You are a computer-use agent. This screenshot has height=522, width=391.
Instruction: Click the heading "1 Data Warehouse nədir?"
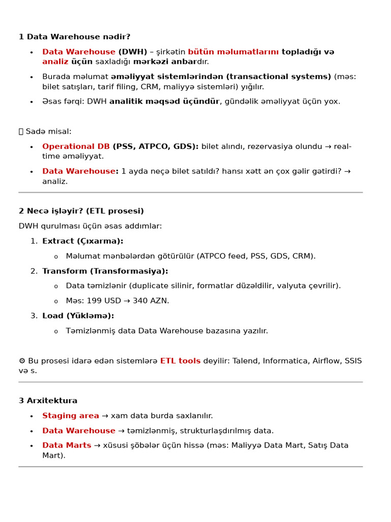(74, 37)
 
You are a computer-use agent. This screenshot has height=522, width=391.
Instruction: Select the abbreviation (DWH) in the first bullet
(133, 52)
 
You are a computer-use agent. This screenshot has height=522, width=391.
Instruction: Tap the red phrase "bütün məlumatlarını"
(233, 52)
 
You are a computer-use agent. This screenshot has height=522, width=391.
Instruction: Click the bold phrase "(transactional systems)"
(279, 76)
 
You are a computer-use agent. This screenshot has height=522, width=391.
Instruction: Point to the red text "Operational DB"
(76, 146)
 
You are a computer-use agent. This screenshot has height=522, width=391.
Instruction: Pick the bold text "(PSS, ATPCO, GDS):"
(156, 146)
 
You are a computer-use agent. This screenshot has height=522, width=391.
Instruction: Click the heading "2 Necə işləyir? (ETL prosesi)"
(81, 211)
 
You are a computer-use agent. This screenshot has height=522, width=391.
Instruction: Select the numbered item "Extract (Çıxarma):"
(82, 241)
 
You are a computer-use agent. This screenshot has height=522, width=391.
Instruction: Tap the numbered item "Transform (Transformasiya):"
(105, 271)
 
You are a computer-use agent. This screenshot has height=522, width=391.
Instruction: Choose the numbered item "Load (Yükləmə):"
(78, 316)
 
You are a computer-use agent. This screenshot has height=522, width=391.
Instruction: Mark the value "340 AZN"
(151, 301)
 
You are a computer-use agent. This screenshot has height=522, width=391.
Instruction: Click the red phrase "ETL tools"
(180, 361)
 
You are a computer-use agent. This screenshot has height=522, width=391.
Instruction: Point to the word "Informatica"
(284, 361)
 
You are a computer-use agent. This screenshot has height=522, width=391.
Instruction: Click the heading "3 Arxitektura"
(48, 401)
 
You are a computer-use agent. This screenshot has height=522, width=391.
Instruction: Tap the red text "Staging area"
(71, 416)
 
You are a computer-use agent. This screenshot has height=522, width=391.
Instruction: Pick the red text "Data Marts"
(67, 446)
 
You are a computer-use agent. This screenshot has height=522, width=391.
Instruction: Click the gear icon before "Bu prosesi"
(22, 361)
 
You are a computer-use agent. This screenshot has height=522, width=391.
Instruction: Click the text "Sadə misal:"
(48, 132)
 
